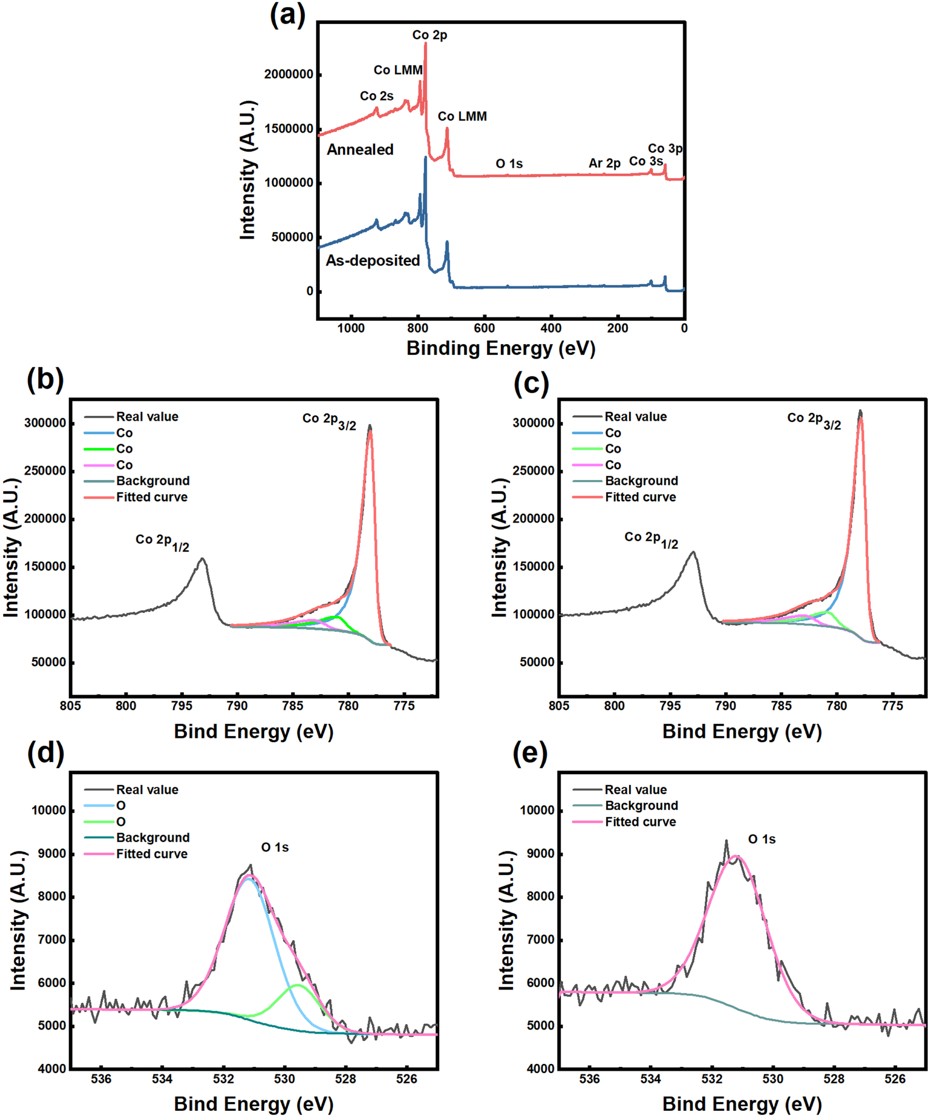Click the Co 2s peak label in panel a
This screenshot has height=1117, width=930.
(376, 96)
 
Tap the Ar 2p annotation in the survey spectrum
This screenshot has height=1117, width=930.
(604, 163)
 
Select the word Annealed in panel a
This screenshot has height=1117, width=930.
(360, 150)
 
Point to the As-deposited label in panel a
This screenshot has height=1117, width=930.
(373, 260)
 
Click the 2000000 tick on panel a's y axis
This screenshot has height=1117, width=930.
(288, 74)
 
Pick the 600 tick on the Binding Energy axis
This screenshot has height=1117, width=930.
(484, 328)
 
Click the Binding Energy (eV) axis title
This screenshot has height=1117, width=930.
(500, 348)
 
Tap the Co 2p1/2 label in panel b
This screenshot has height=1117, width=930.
(162, 541)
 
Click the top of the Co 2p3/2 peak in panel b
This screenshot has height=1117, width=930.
(370, 426)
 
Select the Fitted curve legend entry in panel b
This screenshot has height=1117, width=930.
(152, 497)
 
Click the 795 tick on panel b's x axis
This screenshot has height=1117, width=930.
(181, 706)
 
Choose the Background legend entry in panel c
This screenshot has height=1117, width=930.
(641, 481)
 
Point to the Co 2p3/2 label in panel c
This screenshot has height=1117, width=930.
(813, 420)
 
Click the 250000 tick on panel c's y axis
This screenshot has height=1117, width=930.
(533, 471)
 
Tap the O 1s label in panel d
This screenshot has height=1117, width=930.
(274, 847)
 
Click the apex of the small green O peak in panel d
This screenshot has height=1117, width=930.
(297, 986)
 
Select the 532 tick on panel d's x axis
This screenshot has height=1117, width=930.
(223, 1079)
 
